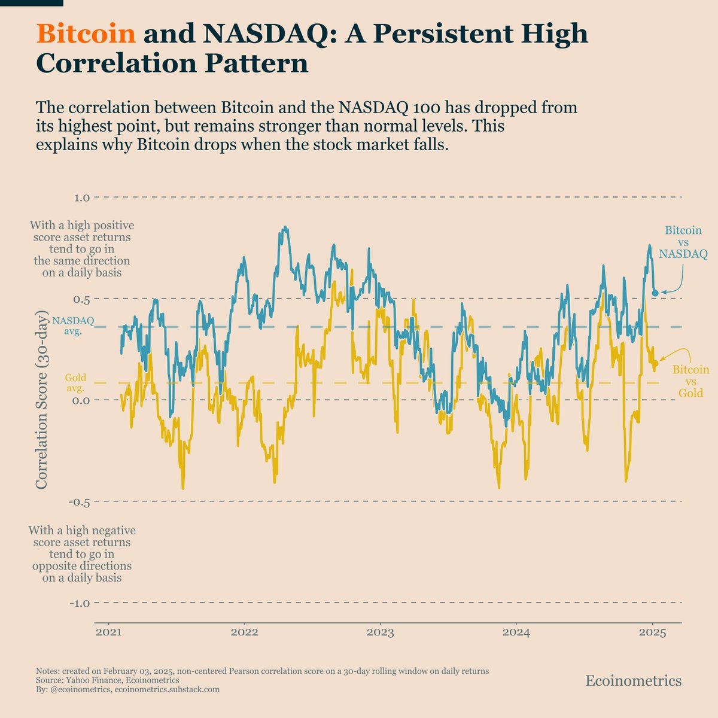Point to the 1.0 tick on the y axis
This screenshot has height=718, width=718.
pos(83,197)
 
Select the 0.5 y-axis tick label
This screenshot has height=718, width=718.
pos(83,299)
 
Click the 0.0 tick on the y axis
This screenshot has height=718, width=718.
pos(81,400)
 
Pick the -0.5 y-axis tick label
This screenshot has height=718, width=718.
pos(80,502)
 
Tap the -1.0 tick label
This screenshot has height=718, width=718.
pos(80,604)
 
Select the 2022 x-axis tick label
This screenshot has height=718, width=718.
pos(244,632)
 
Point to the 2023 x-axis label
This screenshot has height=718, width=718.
pos(380,632)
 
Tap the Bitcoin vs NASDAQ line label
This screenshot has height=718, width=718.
pos(683,242)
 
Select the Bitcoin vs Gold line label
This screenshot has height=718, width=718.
pos(690,381)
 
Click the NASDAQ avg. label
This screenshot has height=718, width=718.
pos(73,325)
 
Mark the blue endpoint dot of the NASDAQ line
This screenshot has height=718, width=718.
pos(655,293)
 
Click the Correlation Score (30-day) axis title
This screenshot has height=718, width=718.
pos(42,399)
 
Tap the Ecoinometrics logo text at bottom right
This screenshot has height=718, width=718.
pos(633,681)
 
